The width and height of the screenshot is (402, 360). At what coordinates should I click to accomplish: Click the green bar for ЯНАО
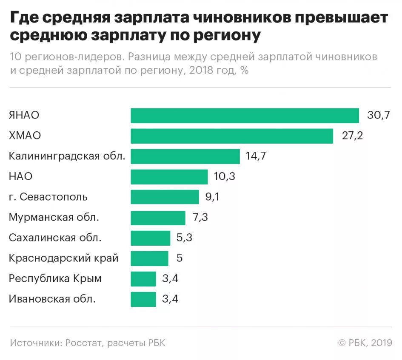click(x=245, y=116)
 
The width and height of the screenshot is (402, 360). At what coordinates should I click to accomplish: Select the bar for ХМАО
click(x=232, y=136)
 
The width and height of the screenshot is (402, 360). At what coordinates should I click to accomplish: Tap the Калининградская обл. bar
click(x=185, y=156)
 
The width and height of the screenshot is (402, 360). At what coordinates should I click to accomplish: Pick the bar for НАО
click(x=169, y=177)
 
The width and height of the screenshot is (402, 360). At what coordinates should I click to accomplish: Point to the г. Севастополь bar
click(x=165, y=197)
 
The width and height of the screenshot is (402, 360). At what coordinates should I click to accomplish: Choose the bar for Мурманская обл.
click(x=158, y=218)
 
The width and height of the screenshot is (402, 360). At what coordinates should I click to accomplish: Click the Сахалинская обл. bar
click(x=150, y=238)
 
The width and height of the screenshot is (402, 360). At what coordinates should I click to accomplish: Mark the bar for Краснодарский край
click(x=149, y=258)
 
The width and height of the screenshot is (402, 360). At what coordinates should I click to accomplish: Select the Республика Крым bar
click(x=143, y=279)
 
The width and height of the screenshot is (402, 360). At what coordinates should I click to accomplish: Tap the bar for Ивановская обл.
click(x=143, y=299)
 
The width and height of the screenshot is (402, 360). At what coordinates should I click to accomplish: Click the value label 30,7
click(x=378, y=116)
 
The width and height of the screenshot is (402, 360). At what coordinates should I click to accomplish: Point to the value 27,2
click(x=353, y=136)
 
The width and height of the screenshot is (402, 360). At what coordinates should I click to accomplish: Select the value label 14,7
click(x=256, y=156)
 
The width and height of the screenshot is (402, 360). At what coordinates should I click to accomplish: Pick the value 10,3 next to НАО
click(x=224, y=177)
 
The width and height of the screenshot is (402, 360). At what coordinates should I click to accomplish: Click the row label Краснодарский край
click(x=64, y=258)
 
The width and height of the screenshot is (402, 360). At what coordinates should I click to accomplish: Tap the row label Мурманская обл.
click(x=54, y=218)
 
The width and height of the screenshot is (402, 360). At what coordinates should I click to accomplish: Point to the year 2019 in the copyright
click(x=381, y=343)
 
